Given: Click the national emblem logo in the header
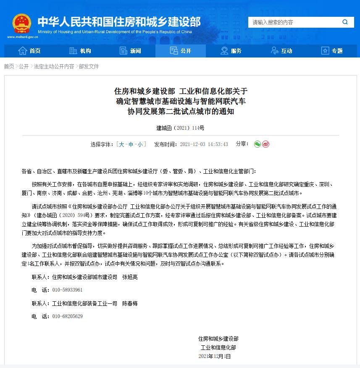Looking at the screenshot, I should [21, 23].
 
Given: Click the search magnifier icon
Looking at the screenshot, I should [345, 22].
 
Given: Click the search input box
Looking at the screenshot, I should [294, 22].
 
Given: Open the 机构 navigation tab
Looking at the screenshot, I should [80, 51].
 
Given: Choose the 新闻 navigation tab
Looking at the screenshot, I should [130, 51].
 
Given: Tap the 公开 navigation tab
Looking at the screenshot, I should [181, 51].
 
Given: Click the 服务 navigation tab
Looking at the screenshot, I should [231, 51].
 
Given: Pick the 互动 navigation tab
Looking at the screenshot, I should [281, 51].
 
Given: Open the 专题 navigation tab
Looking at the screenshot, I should [332, 51].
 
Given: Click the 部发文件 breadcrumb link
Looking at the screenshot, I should [89, 66].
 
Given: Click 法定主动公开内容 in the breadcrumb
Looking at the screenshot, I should [54, 66].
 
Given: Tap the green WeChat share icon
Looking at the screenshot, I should [258, 144].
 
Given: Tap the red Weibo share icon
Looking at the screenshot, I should [265, 144].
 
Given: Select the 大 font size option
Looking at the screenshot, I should [121, 144].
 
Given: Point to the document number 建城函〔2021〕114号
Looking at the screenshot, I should [180, 128].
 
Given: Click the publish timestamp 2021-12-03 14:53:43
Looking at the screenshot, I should [204, 144].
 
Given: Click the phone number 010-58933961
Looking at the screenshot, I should [67, 290].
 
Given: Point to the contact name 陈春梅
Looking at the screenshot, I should [130, 303].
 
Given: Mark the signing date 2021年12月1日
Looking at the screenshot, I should [215, 356].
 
